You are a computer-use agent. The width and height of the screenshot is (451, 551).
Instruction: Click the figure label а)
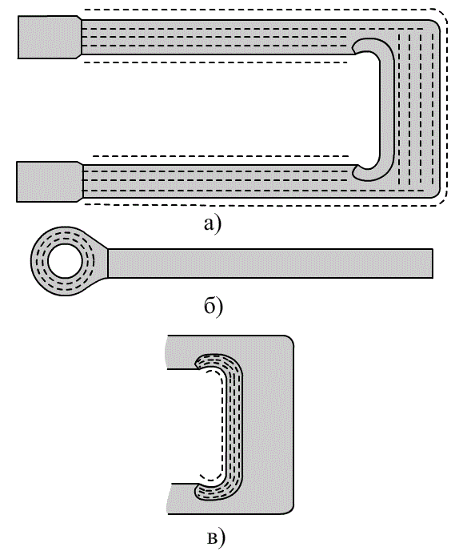pos(213,224)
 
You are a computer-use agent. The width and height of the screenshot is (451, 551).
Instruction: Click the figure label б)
pos(214,307)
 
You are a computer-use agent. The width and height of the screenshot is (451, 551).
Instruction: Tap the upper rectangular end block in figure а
pos(49,37)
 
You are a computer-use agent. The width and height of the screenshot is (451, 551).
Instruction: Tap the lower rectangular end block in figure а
pos(49,182)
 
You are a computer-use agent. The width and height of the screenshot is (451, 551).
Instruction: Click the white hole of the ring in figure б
pos(65,261)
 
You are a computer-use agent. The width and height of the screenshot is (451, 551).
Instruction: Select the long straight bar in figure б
pos(270,263)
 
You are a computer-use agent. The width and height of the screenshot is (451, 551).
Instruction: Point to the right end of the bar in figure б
pos(433,263)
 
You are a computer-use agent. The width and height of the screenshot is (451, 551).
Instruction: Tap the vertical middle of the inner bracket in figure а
pos(387,109)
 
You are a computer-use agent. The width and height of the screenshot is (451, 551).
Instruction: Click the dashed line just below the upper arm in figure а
pos(215,62)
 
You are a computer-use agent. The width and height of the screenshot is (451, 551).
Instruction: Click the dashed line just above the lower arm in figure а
pos(221,155)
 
